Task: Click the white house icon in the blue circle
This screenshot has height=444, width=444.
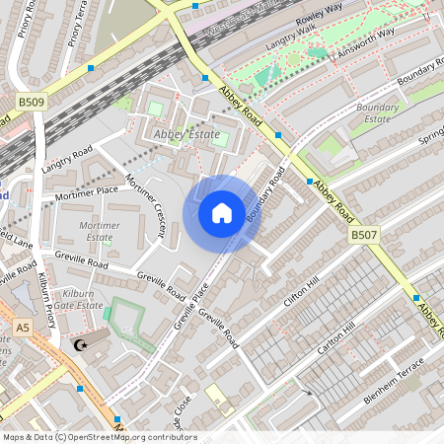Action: click(222, 213)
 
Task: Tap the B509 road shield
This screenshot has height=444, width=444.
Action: click(32, 101)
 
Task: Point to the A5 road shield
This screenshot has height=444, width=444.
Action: click(22, 326)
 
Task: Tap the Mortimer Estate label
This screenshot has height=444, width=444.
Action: click(100, 232)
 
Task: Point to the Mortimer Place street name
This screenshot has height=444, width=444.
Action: click(87, 192)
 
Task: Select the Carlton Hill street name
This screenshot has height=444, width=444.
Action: click(334, 340)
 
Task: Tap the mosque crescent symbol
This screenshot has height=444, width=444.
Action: click(81, 345)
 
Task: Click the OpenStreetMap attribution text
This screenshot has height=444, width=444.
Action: click(99, 437)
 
